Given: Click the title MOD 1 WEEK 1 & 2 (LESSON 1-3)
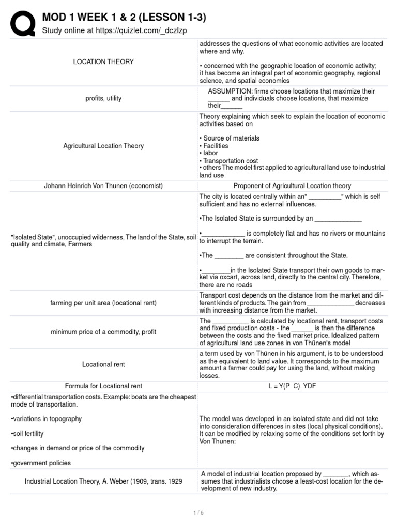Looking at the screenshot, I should (124, 18).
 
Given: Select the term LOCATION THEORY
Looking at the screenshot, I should (103, 62).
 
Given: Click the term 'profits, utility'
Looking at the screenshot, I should (103, 98).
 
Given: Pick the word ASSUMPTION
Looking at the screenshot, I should (227, 91).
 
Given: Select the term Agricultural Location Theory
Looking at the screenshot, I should (103, 146).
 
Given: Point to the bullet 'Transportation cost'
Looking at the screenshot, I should (228, 161).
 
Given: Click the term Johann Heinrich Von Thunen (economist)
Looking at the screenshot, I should (103, 186).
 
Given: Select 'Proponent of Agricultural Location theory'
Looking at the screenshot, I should (292, 186).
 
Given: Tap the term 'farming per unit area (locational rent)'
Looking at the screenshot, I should (103, 303).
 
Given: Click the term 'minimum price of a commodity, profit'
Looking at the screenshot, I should (103, 332).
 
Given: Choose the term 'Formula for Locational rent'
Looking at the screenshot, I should (103, 386).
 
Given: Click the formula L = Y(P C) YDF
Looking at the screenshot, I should (292, 386).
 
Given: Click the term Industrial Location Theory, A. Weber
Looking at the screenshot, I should (103, 481).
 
